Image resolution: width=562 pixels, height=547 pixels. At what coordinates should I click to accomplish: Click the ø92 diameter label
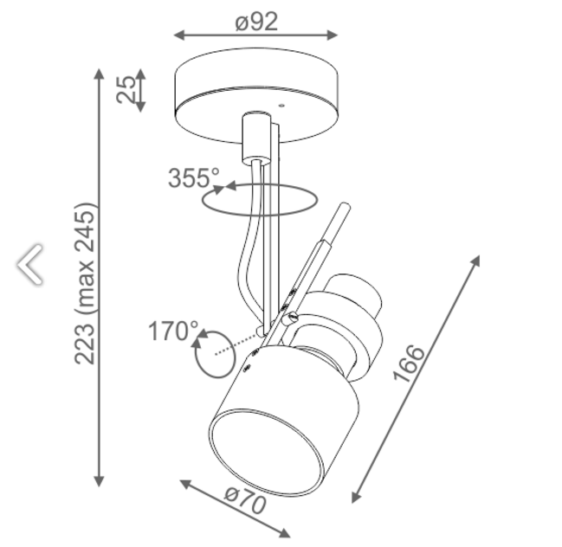[x=256, y=22]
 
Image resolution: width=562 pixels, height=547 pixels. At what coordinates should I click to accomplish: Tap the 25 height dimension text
[x=126, y=89]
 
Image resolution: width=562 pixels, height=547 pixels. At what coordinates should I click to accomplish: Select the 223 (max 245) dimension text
[x=85, y=284]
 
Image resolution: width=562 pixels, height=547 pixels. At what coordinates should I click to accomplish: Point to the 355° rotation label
[x=194, y=178]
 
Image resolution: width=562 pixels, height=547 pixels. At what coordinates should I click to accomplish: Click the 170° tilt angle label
[x=173, y=331]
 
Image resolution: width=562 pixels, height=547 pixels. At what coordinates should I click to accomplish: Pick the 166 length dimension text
[x=409, y=364]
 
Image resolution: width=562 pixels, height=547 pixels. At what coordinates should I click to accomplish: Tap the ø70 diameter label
[x=246, y=499]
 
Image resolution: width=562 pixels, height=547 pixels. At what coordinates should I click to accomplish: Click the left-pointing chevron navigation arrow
[x=30, y=264]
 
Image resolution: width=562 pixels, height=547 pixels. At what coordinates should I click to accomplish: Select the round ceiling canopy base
[x=256, y=95]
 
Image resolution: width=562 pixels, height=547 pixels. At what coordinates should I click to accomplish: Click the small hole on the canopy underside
[x=281, y=106]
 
